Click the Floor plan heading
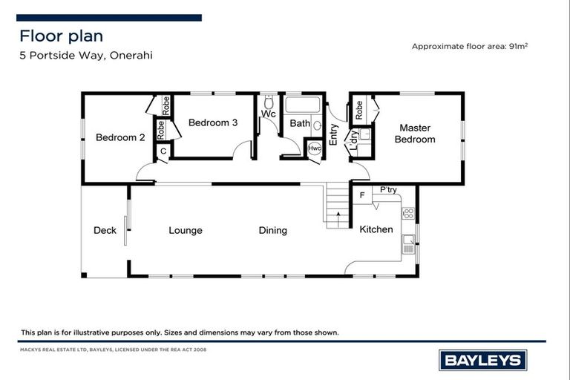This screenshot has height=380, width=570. click(x=61, y=36)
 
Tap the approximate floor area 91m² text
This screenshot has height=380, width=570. click(x=470, y=46)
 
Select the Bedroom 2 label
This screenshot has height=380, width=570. click(x=119, y=137)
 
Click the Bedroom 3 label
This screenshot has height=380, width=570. click(x=212, y=122)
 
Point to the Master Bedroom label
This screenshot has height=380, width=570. click(x=414, y=134)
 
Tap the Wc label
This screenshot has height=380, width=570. click(x=268, y=114)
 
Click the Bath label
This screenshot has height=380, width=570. click(x=300, y=123)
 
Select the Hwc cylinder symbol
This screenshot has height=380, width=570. click(x=315, y=148)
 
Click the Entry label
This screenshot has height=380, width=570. click(x=334, y=134)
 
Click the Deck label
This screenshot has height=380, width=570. click(x=105, y=230)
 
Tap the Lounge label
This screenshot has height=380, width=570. click(x=185, y=230)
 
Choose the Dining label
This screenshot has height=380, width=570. click(x=272, y=230)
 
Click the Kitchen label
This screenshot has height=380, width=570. click(x=376, y=229)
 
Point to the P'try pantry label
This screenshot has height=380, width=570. click(x=388, y=190)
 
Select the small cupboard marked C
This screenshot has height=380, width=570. click(x=163, y=151)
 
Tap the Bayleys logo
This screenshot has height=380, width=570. click(x=484, y=361)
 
